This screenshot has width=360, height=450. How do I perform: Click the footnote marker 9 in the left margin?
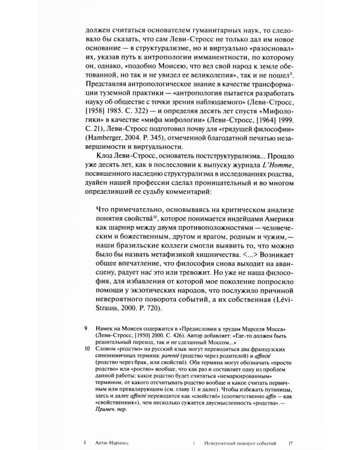70,328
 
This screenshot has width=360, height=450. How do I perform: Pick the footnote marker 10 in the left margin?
71,347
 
